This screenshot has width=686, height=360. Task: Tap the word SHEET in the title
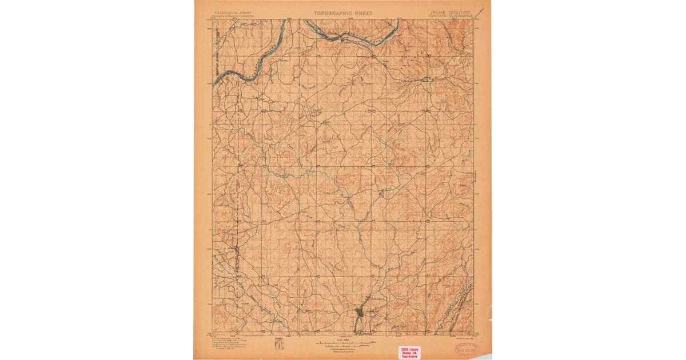pos(362,13)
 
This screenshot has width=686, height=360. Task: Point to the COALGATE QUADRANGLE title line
pos(450,15)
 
